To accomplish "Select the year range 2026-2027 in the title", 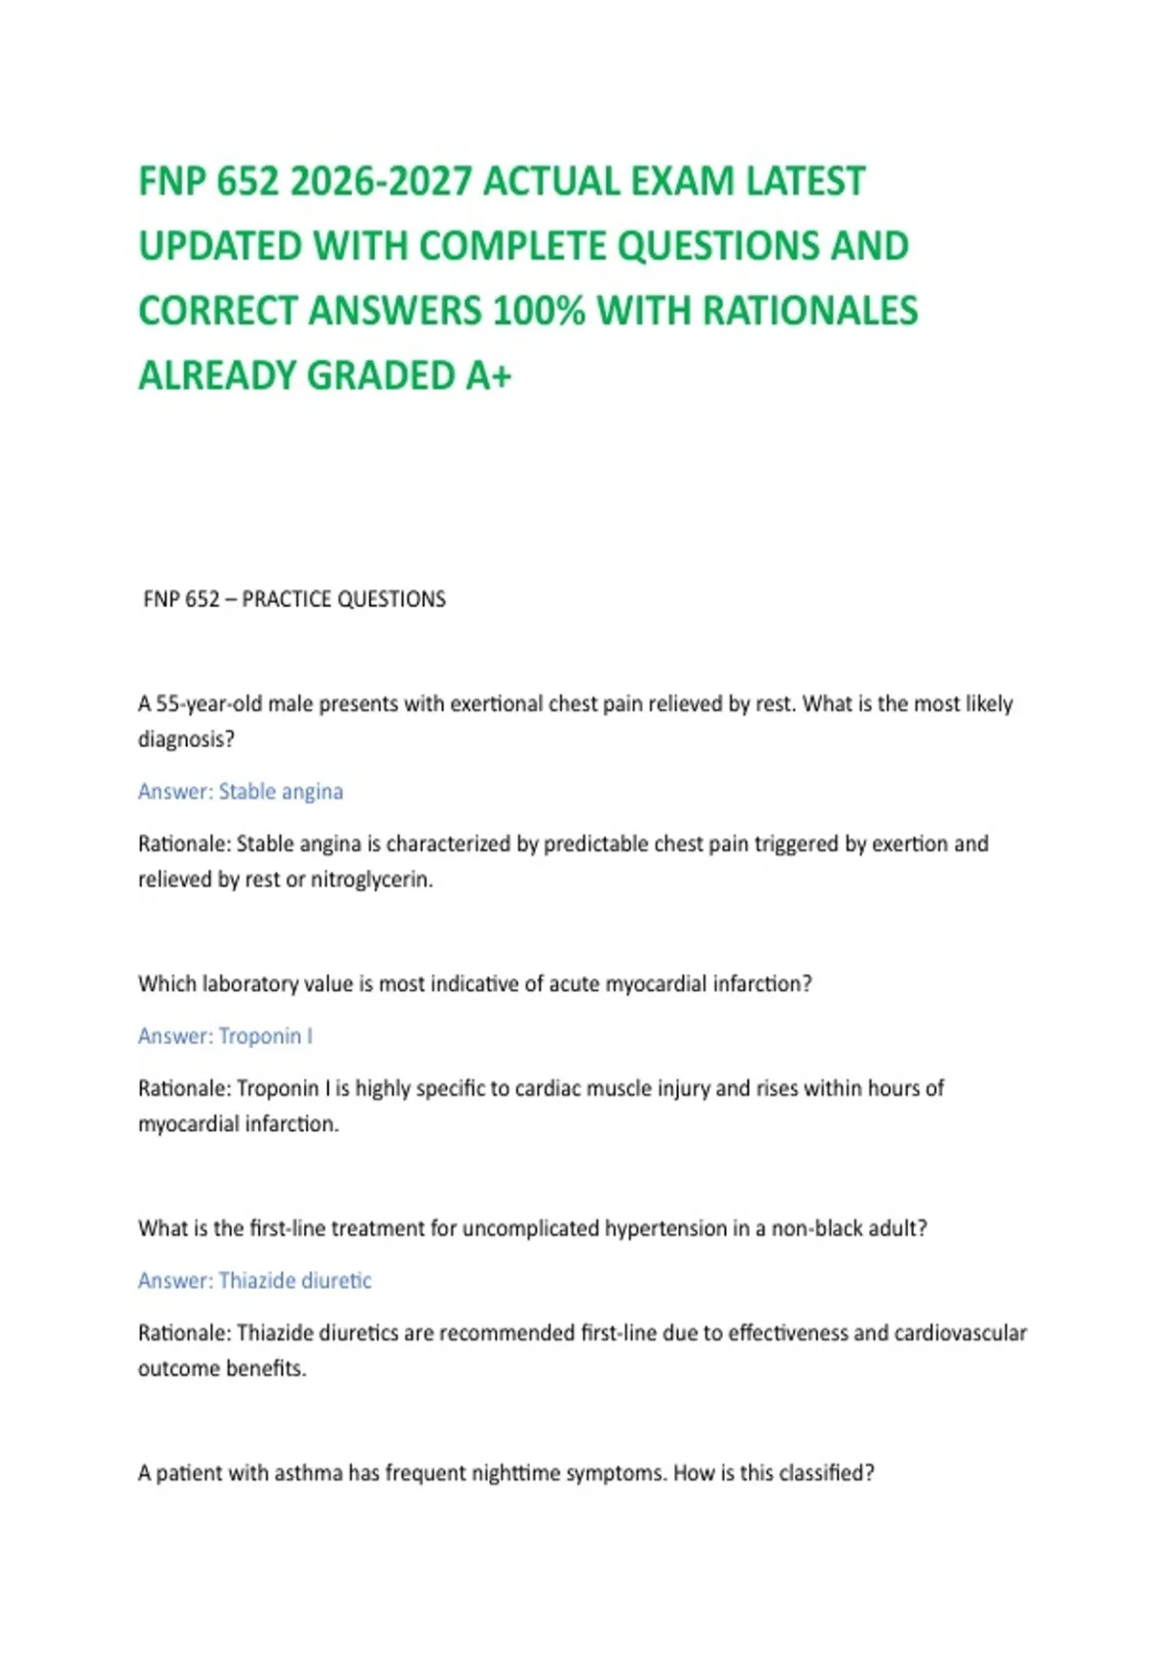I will coord(381,182).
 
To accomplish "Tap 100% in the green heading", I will coord(539,312).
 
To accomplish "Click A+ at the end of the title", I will coord(488,376).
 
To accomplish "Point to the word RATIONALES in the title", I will coord(810,312).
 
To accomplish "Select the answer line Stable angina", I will coord(241,791).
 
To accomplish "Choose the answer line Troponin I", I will coord(225,1035).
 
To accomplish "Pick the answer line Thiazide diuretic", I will coord(254,1280).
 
